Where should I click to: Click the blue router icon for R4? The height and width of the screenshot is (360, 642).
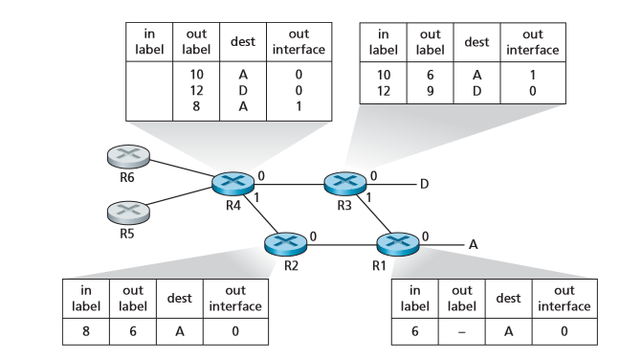coord(231,183)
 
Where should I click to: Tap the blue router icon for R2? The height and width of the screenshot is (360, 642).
coord(285,243)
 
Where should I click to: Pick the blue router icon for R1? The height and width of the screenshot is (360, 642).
coord(398,243)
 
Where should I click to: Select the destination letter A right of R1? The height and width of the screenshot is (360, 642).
coord(473,244)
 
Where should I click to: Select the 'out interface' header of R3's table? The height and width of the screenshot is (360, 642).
coord(533,42)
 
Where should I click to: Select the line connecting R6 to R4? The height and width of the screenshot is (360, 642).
coord(177,169)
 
